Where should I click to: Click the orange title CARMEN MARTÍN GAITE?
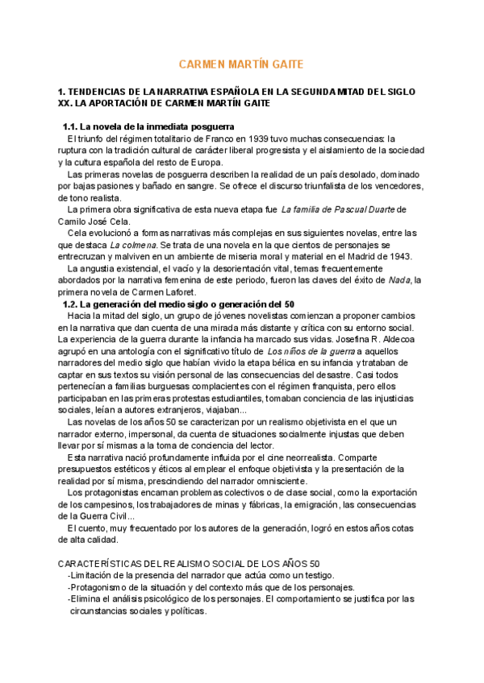(x=241, y=64)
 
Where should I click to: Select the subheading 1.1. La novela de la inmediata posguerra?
(x=148, y=127)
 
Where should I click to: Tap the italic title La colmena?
(x=132, y=244)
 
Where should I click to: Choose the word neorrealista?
(x=304, y=457)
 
